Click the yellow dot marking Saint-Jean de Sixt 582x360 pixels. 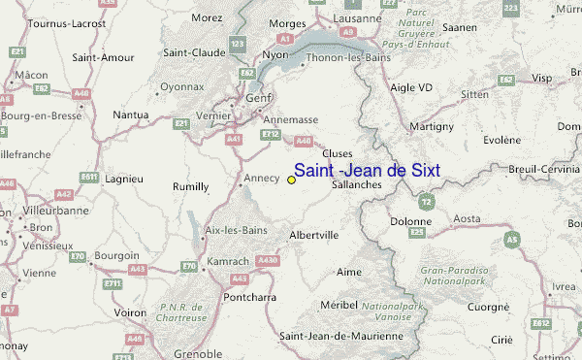tap(292, 180)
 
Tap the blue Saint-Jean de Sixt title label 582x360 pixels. tap(367, 171)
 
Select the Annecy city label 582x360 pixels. tap(261, 178)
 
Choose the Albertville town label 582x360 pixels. tap(313, 235)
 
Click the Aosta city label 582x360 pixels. tap(468, 219)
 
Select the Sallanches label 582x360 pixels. tap(356, 184)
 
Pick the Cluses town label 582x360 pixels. tap(337, 153)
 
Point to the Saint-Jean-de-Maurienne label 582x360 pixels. tap(340, 336)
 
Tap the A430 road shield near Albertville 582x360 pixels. tap(268, 260)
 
